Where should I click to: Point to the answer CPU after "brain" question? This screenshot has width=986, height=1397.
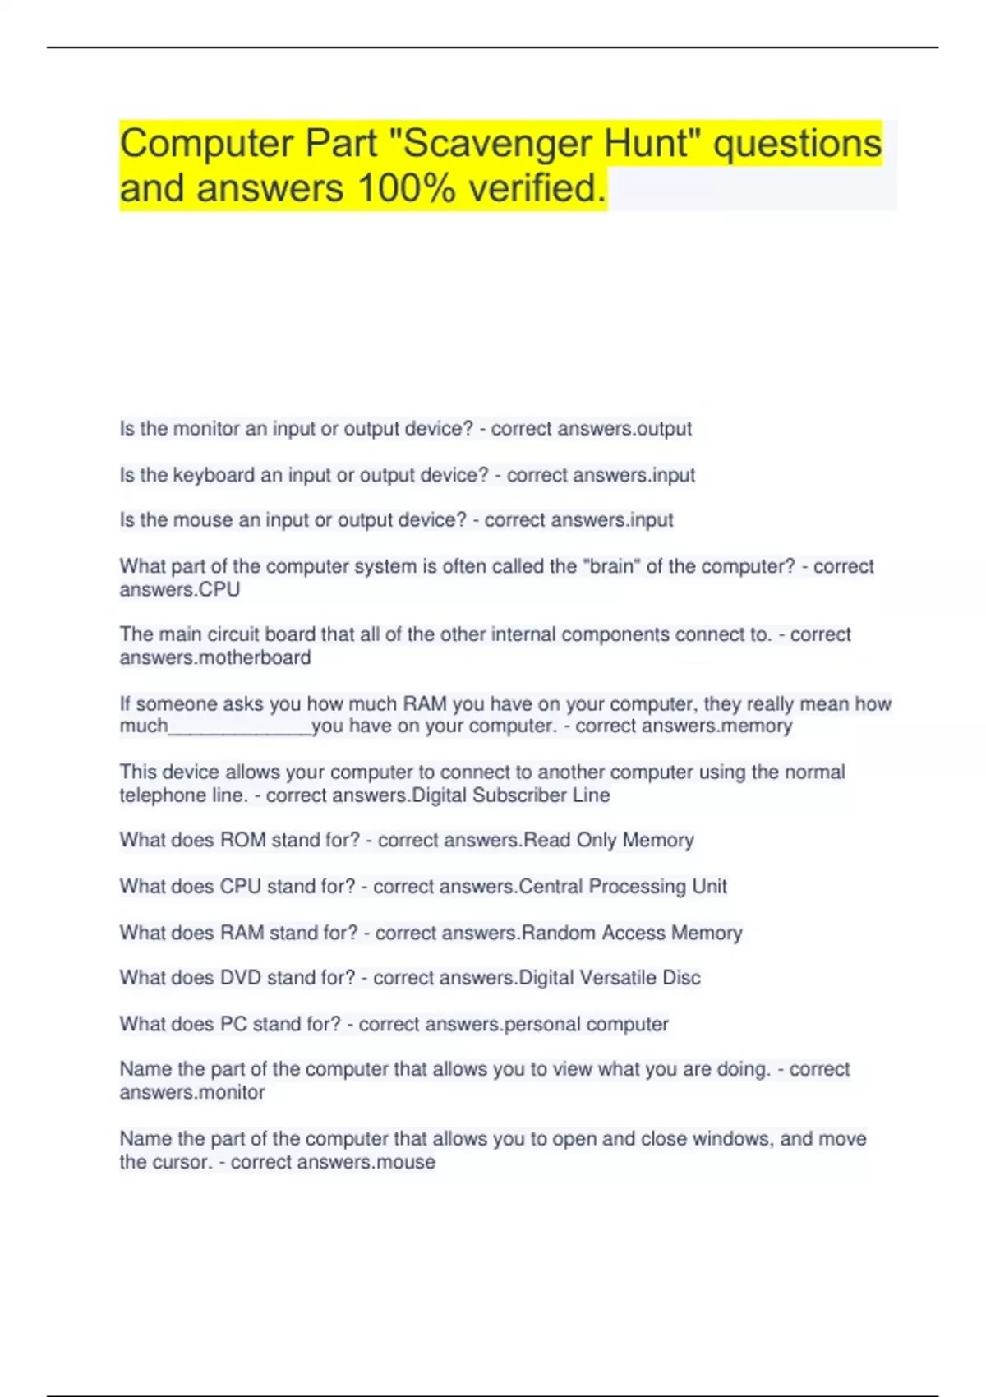[220, 589]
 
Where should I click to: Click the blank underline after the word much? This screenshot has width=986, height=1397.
[240, 726]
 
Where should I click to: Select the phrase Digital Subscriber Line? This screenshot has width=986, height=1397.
[510, 795]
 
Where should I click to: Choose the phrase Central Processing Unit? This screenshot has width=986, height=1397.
[623, 886]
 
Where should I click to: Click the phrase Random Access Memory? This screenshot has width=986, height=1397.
[631, 933]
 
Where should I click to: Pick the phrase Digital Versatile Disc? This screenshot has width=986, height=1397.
[610, 978]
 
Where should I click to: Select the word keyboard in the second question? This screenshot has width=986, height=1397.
[214, 475]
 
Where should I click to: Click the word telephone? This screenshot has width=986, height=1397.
[157, 795]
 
